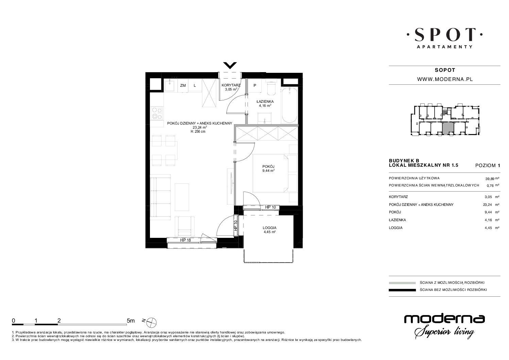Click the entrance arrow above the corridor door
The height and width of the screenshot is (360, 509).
[230, 65]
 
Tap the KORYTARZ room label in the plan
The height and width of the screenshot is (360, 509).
[231, 85]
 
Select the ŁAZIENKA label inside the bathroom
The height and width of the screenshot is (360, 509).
[265, 102]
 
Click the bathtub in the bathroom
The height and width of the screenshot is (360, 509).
[289, 105]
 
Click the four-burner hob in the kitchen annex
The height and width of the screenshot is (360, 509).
[157, 113]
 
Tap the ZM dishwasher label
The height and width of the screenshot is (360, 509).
[183, 85]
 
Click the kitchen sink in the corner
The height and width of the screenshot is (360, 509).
[170, 85]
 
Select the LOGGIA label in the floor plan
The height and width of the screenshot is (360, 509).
[270, 228]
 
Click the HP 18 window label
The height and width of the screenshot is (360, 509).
[185, 240]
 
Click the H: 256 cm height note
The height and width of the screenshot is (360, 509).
[198, 131]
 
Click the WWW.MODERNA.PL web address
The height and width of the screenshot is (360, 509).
[445, 79]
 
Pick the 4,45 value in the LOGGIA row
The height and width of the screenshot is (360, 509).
[489, 228]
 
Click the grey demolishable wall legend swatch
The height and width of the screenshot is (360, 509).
[402, 283]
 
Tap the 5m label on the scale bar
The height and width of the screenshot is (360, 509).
[131, 321]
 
